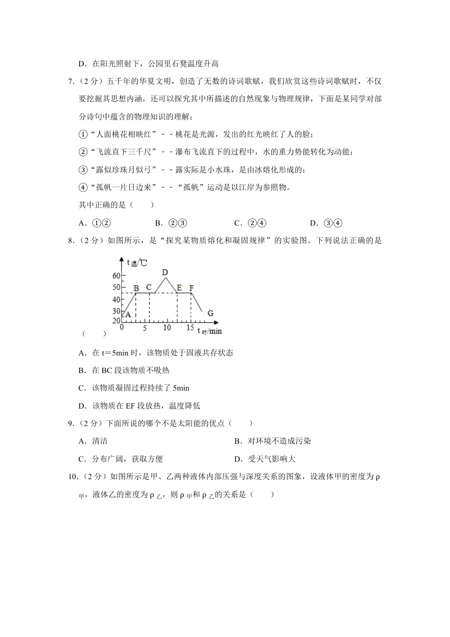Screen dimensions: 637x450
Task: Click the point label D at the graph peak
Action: [165, 272]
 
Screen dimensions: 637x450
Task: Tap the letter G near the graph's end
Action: [210, 313]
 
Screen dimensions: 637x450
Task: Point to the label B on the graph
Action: [136, 288]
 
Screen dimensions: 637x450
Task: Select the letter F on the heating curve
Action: [191, 288]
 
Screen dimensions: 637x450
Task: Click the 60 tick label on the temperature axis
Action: [117, 275]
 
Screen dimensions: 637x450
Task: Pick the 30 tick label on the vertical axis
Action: [117, 311]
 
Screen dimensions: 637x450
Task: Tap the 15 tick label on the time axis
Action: [190, 328]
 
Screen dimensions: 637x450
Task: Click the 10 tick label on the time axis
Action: [167, 328]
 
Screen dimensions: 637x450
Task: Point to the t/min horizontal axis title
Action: [209, 331]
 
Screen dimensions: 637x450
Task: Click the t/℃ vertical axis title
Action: [137, 262]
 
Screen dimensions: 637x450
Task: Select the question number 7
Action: [72, 81]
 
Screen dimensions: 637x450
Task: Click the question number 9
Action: [72, 423]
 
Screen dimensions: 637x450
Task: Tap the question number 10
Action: [73, 476]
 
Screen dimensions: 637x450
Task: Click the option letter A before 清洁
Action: [81, 441]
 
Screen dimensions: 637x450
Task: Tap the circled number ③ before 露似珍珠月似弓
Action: [83, 170]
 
